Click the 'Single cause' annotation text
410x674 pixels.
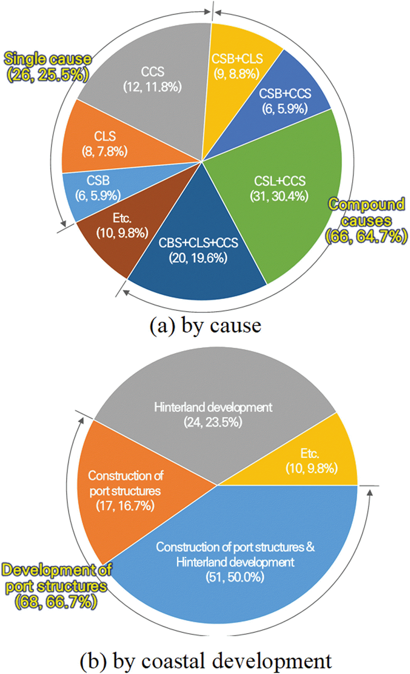point(48,59)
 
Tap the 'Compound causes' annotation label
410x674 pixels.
point(366,213)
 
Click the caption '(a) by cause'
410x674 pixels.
point(205,326)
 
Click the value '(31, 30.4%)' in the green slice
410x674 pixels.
point(279,196)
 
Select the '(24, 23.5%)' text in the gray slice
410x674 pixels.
point(213,422)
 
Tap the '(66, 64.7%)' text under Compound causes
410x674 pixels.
point(366,237)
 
